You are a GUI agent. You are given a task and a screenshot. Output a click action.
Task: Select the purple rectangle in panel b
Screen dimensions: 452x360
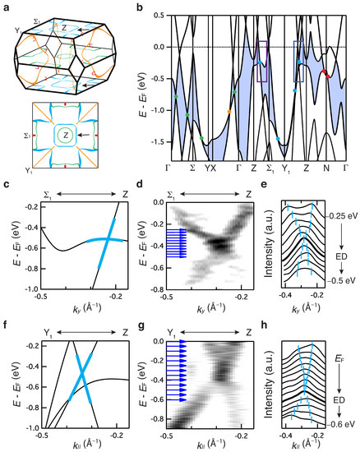(x=263, y=61)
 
